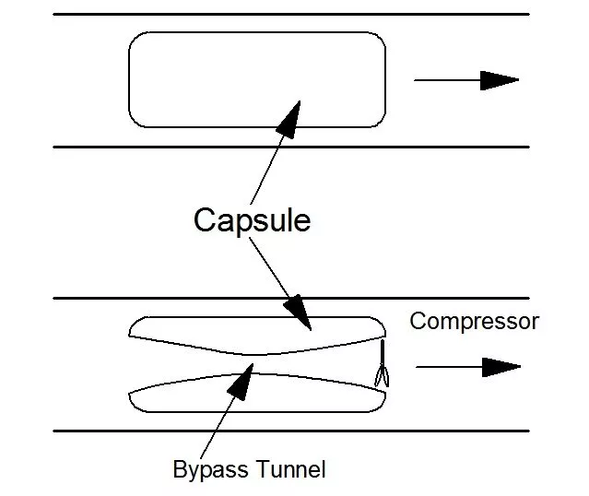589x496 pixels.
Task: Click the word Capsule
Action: pyautogui.click(x=252, y=220)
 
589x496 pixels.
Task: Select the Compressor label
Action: pyautogui.click(x=474, y=321)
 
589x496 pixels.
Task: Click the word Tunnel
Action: pyautogui.click(x=289, y=469)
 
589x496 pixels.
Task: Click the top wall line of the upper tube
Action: pyautogui.click(x=291, y=14)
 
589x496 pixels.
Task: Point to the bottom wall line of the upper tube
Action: pyautogui.click(x=291, y=147)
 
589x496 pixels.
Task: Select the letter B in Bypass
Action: pyautogui.click(x=180, y=469)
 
